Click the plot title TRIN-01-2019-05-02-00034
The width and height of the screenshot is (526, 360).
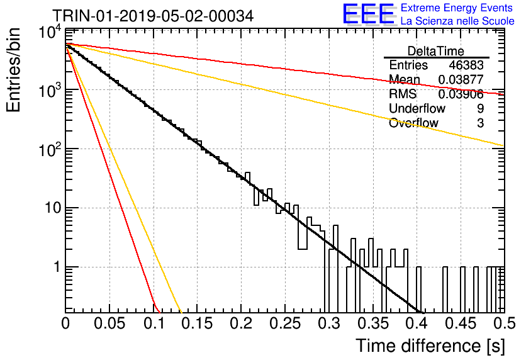(x=153, y=16)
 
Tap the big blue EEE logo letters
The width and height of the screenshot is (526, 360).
(x=369, y=14)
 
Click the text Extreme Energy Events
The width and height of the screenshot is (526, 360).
(x=457, y=8)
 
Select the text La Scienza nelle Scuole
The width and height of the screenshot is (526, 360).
(x=457, y=21)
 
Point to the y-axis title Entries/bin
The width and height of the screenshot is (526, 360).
(x=13, y=70)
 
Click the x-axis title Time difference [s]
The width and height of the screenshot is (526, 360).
(x=430, y=346)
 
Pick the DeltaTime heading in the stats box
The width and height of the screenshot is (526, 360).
(x=436, y=51)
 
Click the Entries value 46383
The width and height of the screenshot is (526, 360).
(x=466, y=65)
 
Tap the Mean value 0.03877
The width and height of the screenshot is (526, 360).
(x=461, y=79)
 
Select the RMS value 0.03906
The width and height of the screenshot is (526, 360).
(x=461, y=94)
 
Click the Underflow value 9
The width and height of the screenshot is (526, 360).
(x=480, y=108)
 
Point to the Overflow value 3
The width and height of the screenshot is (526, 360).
(x=480, y=123)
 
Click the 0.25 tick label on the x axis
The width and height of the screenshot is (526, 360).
(x=285, y=323)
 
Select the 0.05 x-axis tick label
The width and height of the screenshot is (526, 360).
(x=109, y=323)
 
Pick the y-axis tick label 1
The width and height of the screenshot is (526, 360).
(x=57, y=267)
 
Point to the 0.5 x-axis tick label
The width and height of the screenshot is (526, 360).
(x=504, y=323)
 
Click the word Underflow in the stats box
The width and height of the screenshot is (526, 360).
(x=417, y=108)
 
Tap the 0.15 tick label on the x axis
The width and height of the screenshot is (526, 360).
(x=198, y=323)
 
